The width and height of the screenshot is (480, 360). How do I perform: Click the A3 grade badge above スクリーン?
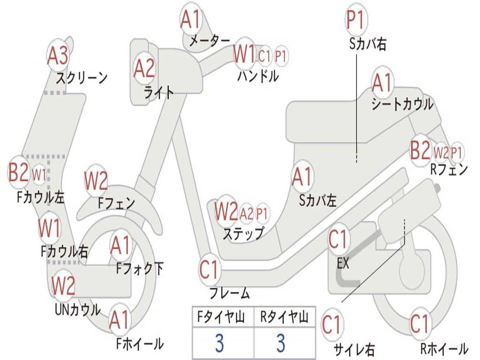pyautogui.click(x=58, y=56)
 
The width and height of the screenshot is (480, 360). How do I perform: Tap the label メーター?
pyautogui.click(x=210, y=42)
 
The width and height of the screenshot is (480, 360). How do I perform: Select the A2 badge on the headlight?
pyautogui.click(x=144, y=68)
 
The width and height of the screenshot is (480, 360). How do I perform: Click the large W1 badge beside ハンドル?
pyautogui.click(x=244, y=54)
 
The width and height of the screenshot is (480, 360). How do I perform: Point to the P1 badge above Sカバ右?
pyautogui.click(x=355, y=20)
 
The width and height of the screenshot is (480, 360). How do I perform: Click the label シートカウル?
pyautogui.click(x=402, y=105)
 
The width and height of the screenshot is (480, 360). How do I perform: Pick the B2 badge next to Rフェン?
pyautogui.click(x=420, y=150)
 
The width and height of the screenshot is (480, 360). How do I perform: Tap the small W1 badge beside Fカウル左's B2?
pyautogui.click(x=39, y=175)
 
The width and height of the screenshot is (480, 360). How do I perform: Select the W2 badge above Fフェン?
pyautogui.click(x=96, y=181)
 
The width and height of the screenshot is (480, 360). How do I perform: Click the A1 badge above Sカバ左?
pyautogui.click(x=302, y=177)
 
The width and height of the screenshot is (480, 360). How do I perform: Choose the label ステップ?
pyautogui.click(x=243, y=233)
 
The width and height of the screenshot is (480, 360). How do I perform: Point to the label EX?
pyautogui.click(x=343, y=263)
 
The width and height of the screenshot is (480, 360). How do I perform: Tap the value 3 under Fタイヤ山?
pyautogui.click(x=219, y=343)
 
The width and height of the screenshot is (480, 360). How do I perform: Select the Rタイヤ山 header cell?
pyautogui.click(x=284, y=318)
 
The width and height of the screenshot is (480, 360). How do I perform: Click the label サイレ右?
pyautogui.click(x=354, y=349)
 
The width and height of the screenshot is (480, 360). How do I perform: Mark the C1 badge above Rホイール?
pyautogui.click(x=420, y=323)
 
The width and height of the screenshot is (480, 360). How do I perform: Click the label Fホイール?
pyautogui.click(x=140, y=344)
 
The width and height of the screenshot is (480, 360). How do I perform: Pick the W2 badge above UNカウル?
pyautogui.click(x=63, y=285)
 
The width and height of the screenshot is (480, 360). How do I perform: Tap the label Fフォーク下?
pyautogui.click(x=140, y=269)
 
